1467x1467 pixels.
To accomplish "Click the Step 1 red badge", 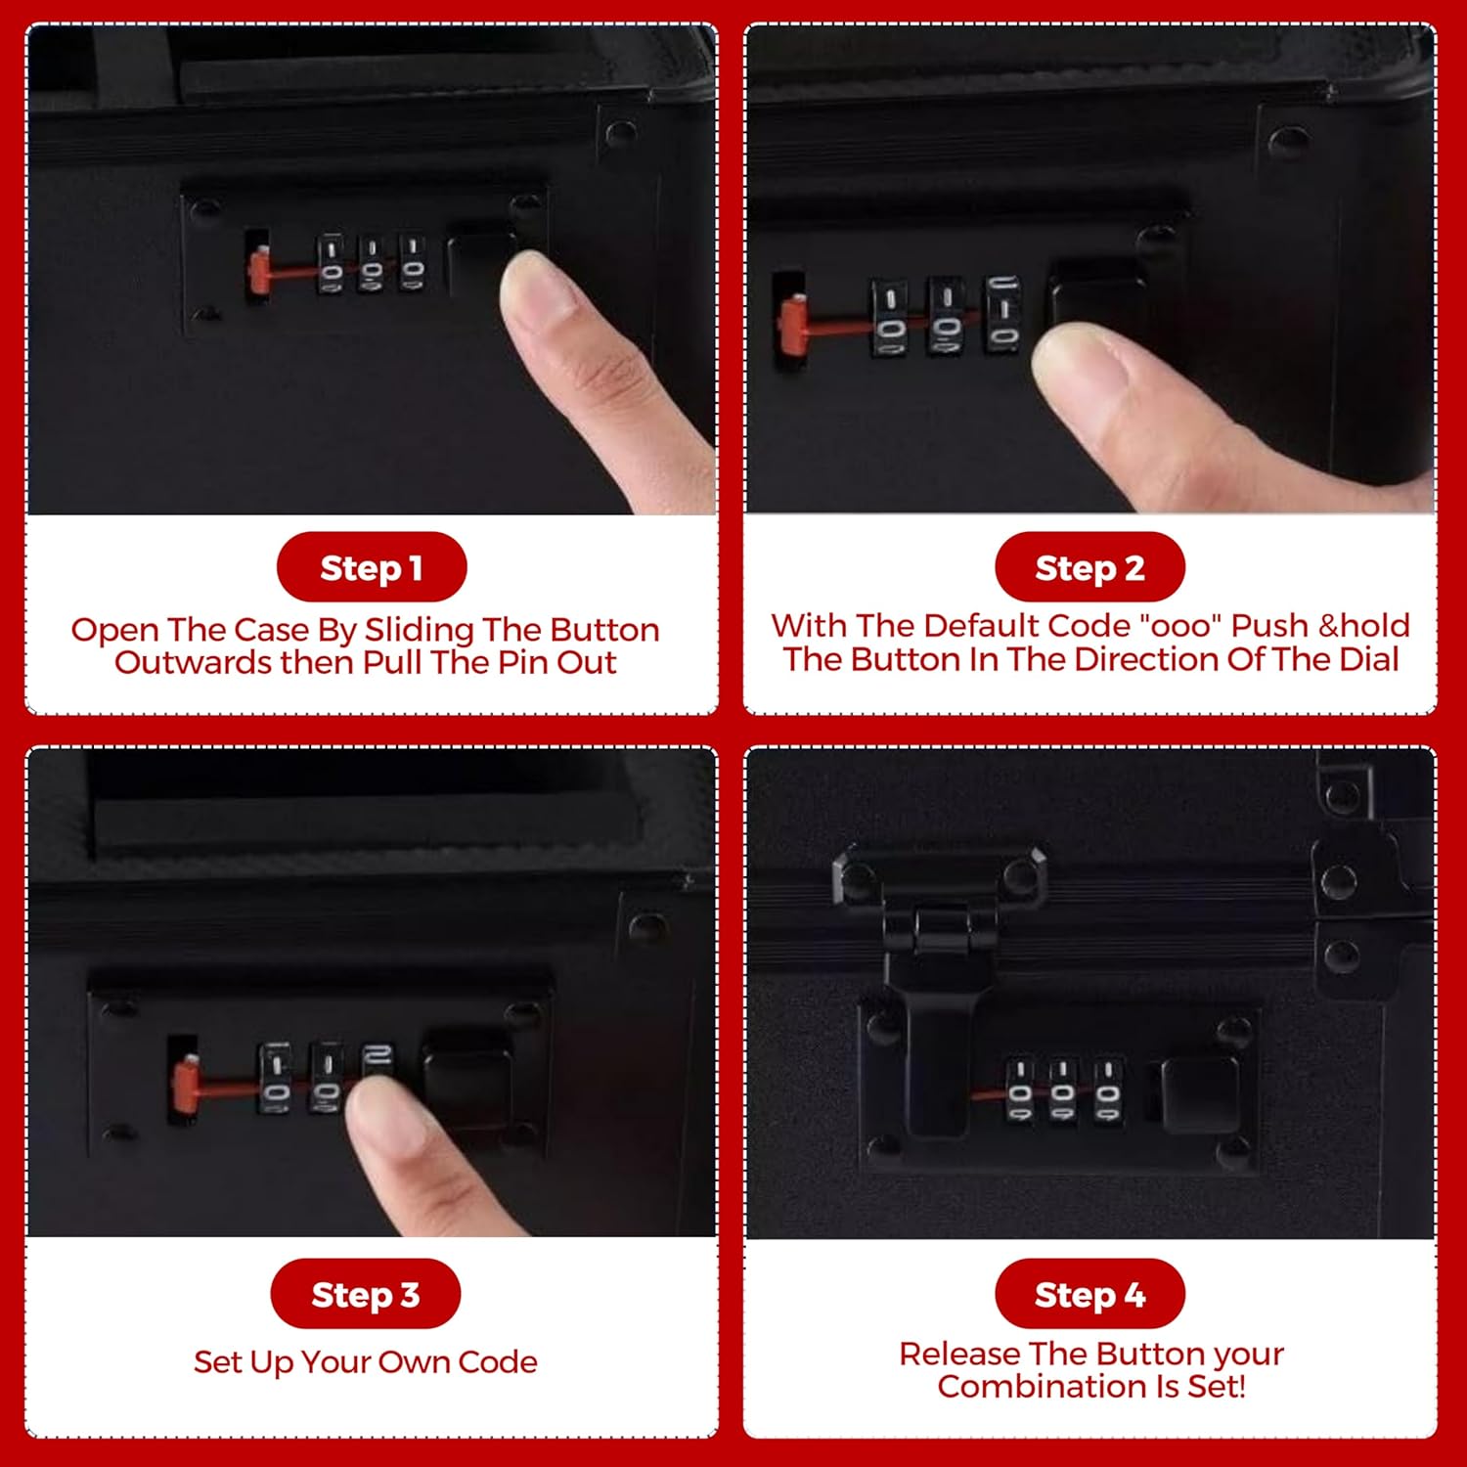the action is [x=372, y=567].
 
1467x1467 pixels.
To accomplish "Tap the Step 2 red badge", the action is [x=1089, y=567].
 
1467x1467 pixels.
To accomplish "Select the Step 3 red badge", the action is [x=366, y=1294].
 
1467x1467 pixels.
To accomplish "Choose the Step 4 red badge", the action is [x=1089, y=1294].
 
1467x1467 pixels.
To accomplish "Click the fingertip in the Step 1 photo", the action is [x=538, y=289].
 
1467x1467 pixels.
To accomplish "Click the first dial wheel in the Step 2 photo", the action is [x=889, y=319].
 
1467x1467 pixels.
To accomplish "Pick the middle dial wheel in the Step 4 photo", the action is [x=1063, y=1092].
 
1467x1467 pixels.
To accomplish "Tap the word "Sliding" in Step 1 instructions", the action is [x=420, y=631].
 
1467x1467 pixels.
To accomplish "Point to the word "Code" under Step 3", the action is [x=498, y=1361].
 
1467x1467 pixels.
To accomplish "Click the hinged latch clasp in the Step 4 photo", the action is [x=939, y=988].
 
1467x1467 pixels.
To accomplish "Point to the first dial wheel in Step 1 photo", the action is [x=332, y=264].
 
